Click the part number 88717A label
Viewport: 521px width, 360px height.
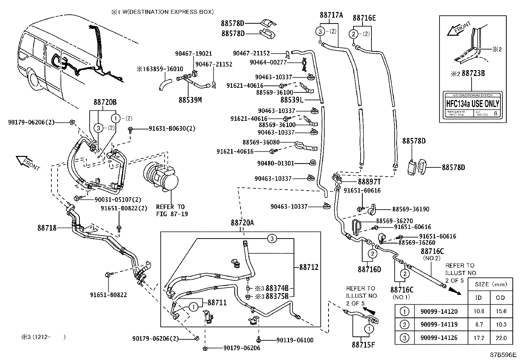pyautogui.click(x=332, y=15)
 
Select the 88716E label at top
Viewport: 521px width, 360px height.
pyautogui.click(x=364, y=18)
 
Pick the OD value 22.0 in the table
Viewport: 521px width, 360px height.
pyautogui.click(x=501, y=338)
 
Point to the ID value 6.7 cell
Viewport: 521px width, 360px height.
pyautogui.click(x=479, y=325)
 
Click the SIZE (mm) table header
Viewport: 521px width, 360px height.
pyautogui.click(x=490, y=284)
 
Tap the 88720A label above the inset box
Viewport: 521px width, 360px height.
pyautogui.click(x=242, y=223)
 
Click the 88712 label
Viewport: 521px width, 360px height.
pyautogui.click(x=309, y=268)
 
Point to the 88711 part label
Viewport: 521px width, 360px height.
pyautogui.click(x=217, y=303)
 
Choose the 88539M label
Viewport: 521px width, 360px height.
pyautogui.click(x=190, y=100)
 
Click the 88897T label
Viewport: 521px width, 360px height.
pyautogui.click(x=369, y=181)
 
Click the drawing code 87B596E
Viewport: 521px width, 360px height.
pyautogui.click(x=503, y=355)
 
